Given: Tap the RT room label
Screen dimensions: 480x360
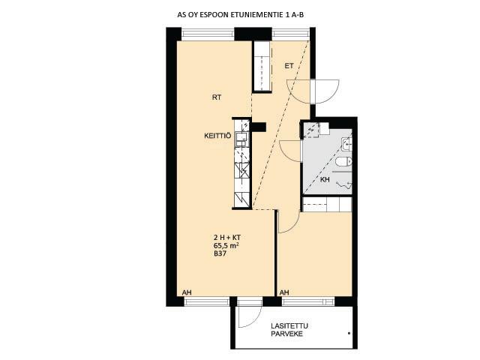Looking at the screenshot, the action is [217, 97].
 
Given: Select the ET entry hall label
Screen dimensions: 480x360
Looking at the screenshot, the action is [289, 66].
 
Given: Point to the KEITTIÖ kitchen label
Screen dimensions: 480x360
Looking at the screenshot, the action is [217, 136].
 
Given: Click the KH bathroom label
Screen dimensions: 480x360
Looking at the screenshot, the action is [325, 180].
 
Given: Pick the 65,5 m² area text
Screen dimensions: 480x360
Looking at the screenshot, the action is [226, 245].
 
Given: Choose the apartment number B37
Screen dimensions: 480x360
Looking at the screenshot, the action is [220, 253].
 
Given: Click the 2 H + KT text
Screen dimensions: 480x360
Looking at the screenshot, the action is [227, 237].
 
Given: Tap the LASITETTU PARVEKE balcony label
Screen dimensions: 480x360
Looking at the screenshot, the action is [289, 330].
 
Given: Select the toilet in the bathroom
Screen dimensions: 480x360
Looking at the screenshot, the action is [344, 161].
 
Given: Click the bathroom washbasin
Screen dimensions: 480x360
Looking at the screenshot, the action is [346, 144].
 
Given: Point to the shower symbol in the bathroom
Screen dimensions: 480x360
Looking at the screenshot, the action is [344, 184].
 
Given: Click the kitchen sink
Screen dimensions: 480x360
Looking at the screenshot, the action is [241, 139].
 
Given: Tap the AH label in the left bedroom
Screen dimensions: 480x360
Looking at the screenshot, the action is [187, 292].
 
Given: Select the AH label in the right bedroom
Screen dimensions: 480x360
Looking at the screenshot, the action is [284, 292].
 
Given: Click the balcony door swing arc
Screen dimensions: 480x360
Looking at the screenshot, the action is [253, 318].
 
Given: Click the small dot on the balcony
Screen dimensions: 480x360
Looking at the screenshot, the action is [349, 333].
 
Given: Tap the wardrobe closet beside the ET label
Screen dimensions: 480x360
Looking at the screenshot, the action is [262, 66].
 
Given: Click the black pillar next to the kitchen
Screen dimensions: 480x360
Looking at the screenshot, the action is [259, 127].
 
